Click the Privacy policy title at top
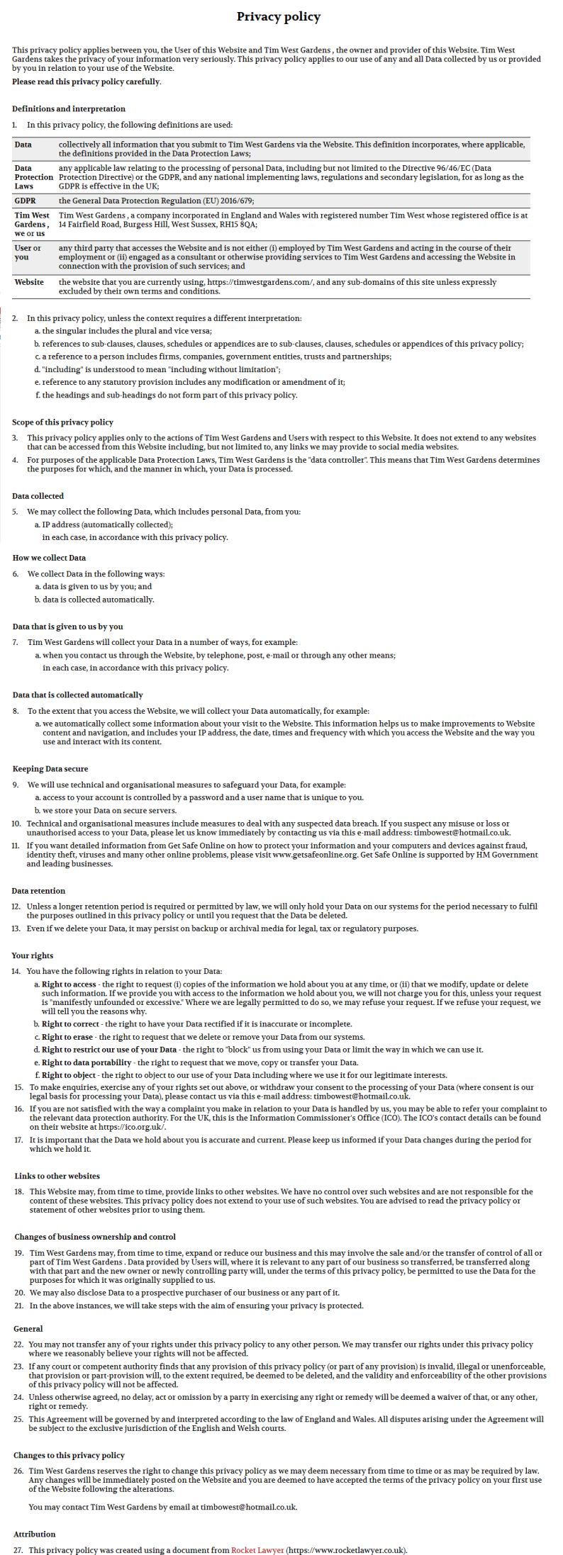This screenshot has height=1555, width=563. click(x=278, y=16)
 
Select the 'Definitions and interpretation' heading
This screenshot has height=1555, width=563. click(x=69, y=108)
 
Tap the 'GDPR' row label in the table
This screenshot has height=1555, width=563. click(x=25, y=201)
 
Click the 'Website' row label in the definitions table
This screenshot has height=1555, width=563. click(x=29, y=282)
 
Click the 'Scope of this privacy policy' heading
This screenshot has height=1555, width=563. click(x=62, y=422)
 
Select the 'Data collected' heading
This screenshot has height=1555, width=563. click(x=38, y=495)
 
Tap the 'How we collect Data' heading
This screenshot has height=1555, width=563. click(x=49, y=558)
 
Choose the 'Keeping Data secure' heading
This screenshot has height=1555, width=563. click(x=50, y=768)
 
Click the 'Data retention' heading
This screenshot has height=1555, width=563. click(x=38, y=890)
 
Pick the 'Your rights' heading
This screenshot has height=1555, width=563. click(x=32, y=955)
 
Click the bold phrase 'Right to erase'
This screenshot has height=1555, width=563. click(x=67, y=1037)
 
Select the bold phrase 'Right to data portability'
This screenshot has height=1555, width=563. click(x=87, y=1062)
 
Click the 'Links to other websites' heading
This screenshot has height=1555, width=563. click(x=57, y=1176)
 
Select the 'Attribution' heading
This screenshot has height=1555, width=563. click(x=34, y=1534)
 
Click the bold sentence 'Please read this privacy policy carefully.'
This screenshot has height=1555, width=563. click(x=87, y=82)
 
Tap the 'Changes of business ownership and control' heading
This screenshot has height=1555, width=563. click(x=95, y=1237)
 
